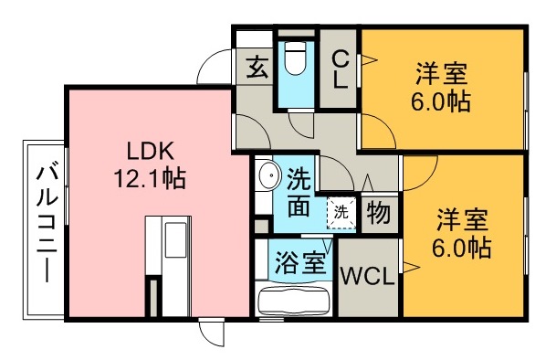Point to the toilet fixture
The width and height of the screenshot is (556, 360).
(x=294, y=62)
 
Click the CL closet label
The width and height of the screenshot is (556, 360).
(x=340, y=69)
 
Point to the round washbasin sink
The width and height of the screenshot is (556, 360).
(x=268, y=175)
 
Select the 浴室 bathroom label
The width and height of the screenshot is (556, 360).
(x=299, y=262)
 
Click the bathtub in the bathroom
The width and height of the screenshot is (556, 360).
(x=295, y=301)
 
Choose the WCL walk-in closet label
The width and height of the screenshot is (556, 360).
(x=368, y=276)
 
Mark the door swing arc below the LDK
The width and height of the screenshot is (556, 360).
(x=210, y=334)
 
